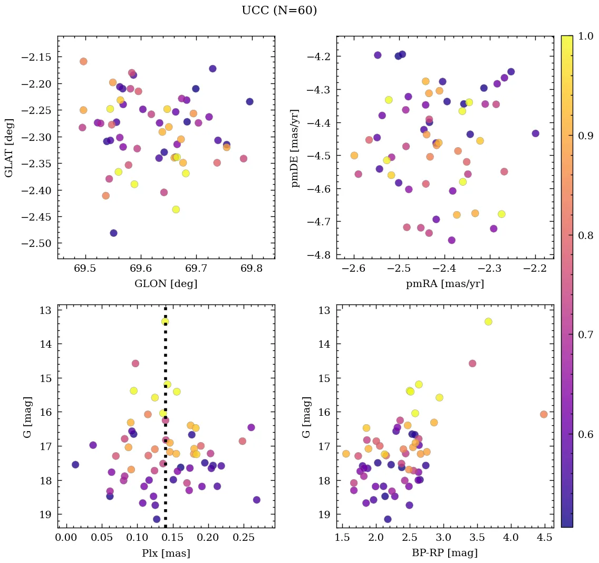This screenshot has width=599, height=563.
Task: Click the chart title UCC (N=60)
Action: click(x=279, y=11)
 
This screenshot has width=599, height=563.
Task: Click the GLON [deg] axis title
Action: click(x=166, y=284)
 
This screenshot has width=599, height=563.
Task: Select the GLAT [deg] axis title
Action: click(x=9, y=147)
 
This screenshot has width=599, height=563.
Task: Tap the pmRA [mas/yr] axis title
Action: click(x=445, y=284)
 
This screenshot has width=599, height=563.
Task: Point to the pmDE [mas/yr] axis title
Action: click(x=295, y=147)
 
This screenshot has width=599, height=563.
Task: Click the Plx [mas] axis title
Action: click(x=166, y=553)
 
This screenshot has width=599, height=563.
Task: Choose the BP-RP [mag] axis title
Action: click(x=445, y=553)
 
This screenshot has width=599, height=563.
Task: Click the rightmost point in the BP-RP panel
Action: click(x=544, y=414)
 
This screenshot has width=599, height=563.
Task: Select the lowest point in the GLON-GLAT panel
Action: click(x=113, y=233)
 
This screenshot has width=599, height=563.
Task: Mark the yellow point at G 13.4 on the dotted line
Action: click(x=165, y=321)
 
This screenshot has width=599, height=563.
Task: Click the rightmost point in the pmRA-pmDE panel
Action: click(x=535, y=133)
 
